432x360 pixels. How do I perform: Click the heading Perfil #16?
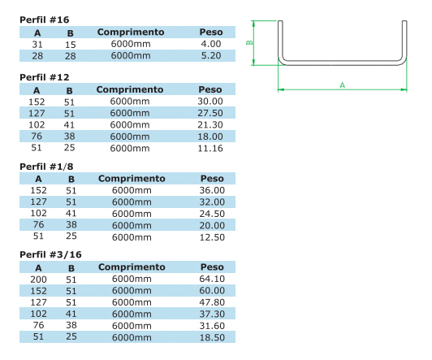coord(45,20)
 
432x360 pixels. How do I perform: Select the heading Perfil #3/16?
coord(50,254)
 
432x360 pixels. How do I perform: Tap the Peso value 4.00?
coord(211,44)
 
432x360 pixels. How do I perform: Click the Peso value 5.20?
coord(211,55)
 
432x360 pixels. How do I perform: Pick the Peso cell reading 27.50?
coord(210,113)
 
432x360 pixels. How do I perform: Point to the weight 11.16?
coord(210,148)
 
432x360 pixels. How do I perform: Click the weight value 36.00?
coord(212,190)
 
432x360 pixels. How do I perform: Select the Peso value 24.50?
coord(212,214)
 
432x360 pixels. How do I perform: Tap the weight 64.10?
coord(212,279)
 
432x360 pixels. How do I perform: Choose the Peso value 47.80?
coord(212,302)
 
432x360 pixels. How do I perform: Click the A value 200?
coord(38,280)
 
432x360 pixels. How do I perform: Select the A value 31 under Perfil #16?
coord(37,45)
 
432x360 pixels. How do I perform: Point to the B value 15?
coord(71,45)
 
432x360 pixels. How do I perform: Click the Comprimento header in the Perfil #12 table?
coord(130,89)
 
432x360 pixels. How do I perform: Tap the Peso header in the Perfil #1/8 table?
coord(212,179)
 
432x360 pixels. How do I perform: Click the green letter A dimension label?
coord(342,85)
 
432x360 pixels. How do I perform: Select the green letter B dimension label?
coord(249,43)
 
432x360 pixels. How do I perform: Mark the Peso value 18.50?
coord(212,337)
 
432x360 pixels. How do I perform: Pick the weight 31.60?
coord(212,326)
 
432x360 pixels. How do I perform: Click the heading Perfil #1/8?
coord(46,167)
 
